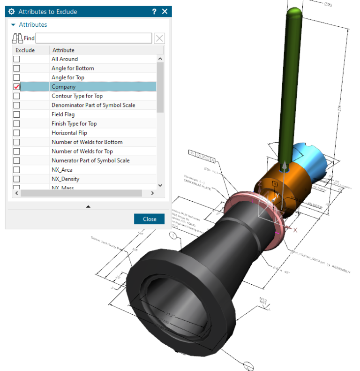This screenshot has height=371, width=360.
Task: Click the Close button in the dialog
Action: (150, 219)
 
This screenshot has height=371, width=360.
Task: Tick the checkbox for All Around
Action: (17, 59)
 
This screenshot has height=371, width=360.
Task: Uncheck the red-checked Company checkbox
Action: (17, 87)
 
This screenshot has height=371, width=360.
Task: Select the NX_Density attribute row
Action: (65, 179)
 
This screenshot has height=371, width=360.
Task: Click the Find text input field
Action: (94, 38)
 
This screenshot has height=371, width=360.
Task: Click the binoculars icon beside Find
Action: (17, 38)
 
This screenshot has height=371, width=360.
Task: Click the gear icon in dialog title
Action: (12, 11)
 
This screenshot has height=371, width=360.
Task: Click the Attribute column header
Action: (63, 50)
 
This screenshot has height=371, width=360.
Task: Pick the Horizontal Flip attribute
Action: (69, 133)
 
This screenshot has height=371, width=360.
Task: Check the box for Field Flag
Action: (17, 114)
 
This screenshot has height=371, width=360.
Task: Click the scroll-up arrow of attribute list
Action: (160, 59)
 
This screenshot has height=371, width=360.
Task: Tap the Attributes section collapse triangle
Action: (13, 25)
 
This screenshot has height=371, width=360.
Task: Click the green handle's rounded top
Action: (294, 14)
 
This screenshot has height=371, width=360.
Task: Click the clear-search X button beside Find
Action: (159, 38)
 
